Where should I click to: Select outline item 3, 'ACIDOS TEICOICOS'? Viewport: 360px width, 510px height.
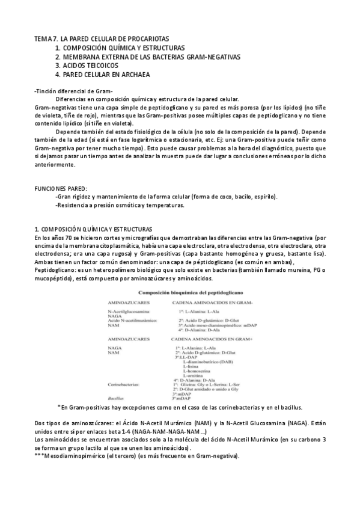point(91,66)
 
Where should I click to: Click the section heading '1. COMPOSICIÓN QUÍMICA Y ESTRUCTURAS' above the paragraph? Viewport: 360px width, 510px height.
point(93,229)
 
